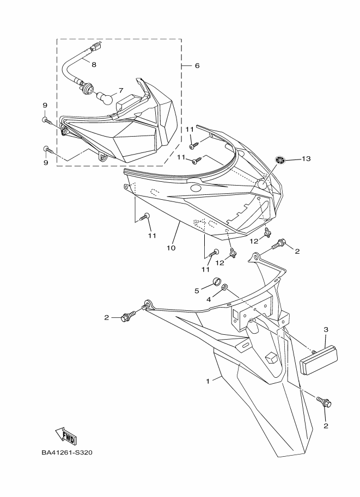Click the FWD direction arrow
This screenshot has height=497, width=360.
click(65, 435)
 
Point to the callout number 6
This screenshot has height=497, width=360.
click(197, 65)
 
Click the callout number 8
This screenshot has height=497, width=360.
click(94, 65)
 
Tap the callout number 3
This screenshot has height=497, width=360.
click(326, 329)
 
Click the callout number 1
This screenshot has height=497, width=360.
click(208, 381)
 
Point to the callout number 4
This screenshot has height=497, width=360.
click(209, 299)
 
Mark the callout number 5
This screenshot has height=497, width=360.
click(197, 291)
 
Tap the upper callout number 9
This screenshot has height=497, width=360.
click(45, 105)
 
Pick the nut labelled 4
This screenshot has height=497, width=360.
click(226, 289)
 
